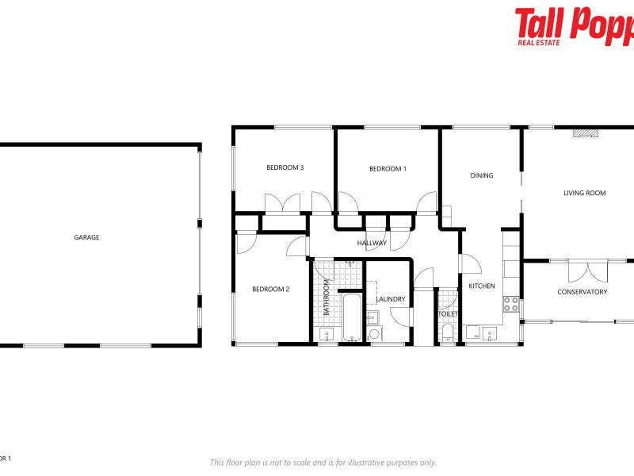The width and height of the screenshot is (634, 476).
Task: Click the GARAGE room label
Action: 86,237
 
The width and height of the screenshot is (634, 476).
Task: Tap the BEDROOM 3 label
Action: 285,167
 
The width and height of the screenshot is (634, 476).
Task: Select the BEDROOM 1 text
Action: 388,168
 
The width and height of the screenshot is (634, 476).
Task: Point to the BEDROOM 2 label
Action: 270,290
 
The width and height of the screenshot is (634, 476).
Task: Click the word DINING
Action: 482,176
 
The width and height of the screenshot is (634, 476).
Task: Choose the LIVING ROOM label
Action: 584,193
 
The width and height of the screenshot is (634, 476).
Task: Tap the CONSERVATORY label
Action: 582,292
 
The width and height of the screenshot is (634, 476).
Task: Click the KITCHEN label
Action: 482,286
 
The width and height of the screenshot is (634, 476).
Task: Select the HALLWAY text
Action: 372,243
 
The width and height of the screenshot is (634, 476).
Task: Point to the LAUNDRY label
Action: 391,299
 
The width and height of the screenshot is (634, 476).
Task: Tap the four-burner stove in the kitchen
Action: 511,305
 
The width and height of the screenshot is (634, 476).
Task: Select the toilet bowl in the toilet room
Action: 448,332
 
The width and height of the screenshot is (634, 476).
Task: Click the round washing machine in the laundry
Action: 376,335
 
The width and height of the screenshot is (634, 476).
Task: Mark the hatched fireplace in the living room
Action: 586,134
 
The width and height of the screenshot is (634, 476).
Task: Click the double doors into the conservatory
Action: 587,271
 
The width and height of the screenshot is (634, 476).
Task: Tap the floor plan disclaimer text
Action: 323,463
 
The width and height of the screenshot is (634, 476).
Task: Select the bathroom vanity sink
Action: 327,336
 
